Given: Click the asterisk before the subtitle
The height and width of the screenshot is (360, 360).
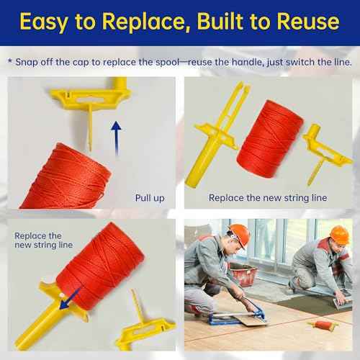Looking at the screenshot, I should tap(9, 62).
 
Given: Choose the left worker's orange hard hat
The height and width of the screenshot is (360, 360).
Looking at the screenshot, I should tap(238, 235).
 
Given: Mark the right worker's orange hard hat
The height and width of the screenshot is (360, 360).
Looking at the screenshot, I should tap(339, 234).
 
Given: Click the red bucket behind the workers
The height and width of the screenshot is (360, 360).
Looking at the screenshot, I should tap(243, 274).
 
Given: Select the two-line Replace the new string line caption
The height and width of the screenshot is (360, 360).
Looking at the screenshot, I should tap(43, 240).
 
